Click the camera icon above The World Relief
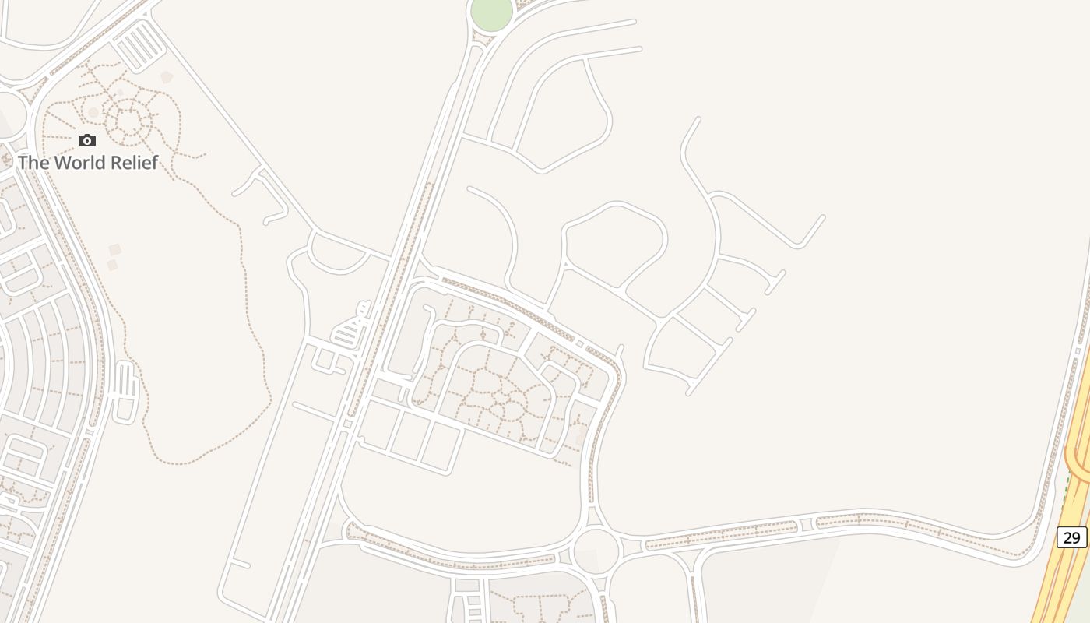pyautogui.click(x=87, y=141)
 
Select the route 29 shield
pyautogui.click(x=1071, y=537)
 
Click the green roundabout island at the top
pyautogui.click(x=491, y=13)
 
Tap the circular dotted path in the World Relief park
pyautogui.click(x=128, y=121)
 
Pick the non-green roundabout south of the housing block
pyautogui.click(x=596, y=550)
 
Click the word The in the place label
pyautogui.click(x=34, y=163)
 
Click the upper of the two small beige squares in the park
pyautogui.click(x=115, y=249)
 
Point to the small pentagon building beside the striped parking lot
pyautogui.click(x=166, y=77)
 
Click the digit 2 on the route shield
pyautogui.click(x=1067, y=537)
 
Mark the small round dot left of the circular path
pyautogui.click(x=93, y=113)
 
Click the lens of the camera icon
pyautogui.click(x=87, y=142)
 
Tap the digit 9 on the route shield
pyautogui.click(x=1077, y=537)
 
